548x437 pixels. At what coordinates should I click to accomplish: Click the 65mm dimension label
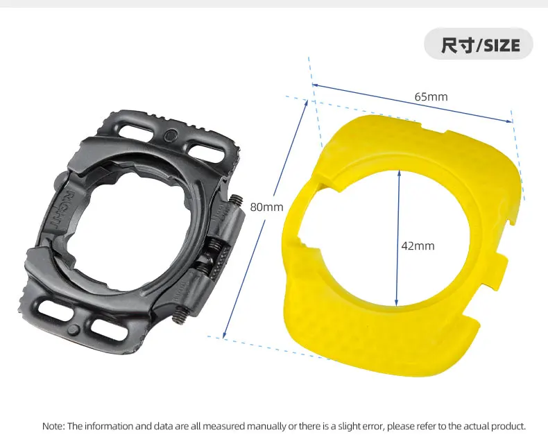tap(431, 96)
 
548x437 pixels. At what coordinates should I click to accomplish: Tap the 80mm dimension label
tap(267, 207)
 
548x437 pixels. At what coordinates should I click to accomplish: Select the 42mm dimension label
tap(418, 246)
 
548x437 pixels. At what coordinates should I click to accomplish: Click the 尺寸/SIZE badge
tap(478, 46)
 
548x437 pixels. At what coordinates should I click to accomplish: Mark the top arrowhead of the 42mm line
tap(399, 173)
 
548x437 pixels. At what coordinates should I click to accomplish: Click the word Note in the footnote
tap(53, 426)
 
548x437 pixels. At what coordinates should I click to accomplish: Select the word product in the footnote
tap(508, 426)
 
